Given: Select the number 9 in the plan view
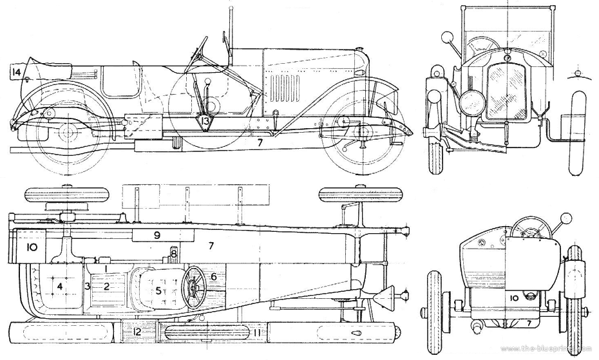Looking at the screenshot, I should pos(157,235).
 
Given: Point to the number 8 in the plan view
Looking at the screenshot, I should pos(174,254).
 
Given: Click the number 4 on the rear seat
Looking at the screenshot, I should pos(59,285).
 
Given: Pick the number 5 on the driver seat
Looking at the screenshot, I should pos(158,290).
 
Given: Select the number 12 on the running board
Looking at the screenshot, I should pos(136,332).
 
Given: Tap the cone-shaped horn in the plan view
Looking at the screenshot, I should pos(387,298).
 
